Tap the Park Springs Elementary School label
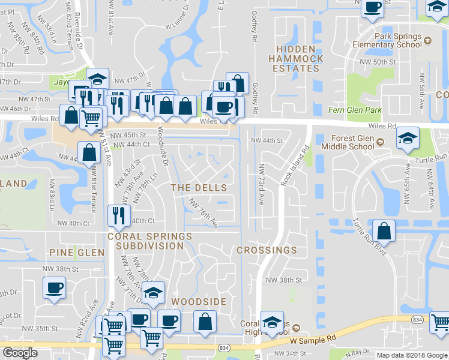[x=398, y=40]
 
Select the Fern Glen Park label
[x=355, y=110]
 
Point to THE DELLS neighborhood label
[x=199, y=188]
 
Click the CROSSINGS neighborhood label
[x=267, y=250]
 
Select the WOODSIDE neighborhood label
[x=199, y=301]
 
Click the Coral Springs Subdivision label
[x=145, y=241]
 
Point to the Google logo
[x=19, y=353]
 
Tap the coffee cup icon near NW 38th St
[x=54, y=287]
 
